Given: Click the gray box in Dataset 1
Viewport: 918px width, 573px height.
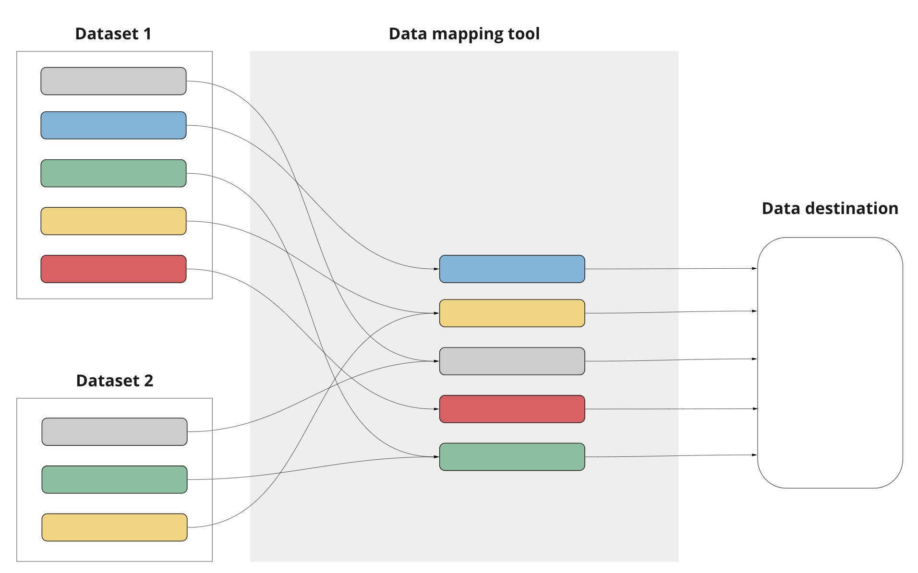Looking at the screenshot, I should (113, 81).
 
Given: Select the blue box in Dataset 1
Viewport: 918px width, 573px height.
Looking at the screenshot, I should (113, 125).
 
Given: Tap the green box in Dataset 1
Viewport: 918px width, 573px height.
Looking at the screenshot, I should (113, 173).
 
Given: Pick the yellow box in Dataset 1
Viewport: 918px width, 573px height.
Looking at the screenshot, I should (113, 221).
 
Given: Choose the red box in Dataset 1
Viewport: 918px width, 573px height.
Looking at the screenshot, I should (113, 269).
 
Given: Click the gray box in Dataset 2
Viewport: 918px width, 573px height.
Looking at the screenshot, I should (114, 431).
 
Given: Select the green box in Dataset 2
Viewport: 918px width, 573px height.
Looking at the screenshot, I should (114, 479).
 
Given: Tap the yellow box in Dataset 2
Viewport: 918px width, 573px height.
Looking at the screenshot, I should (114, 527).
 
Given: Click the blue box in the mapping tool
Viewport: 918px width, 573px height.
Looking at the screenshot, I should (512, 269).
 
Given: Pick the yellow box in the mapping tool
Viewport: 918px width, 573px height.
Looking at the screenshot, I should (512, 313).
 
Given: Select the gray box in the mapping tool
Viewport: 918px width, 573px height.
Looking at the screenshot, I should (512, 361).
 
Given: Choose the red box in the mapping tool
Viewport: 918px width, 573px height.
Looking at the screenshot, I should (512, 409).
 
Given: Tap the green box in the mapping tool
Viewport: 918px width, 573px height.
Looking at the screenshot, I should (512, 457).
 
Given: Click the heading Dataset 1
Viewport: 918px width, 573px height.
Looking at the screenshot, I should (113, 34).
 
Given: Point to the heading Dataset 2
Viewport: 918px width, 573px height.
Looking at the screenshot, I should (114, 381).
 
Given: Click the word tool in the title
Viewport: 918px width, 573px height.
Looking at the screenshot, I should (524, 34).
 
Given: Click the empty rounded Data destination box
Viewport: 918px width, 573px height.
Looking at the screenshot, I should (830, 363).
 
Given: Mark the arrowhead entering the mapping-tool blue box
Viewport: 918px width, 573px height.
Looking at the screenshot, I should (436, 269).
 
